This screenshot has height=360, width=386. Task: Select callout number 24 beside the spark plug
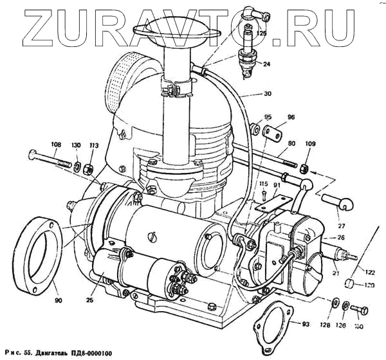point(266,64)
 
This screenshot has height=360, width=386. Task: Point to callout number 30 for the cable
point(267,93)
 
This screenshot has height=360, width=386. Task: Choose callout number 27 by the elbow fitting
point(340,226)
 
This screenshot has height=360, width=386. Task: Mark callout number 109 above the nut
point(309,144)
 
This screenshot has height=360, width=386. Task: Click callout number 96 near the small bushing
point(290,117)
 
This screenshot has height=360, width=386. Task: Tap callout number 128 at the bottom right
point(326,325)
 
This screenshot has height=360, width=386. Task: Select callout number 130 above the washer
point(77,145)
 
